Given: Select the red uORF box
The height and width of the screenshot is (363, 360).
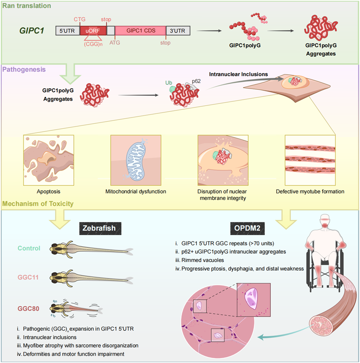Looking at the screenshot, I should (93, 30).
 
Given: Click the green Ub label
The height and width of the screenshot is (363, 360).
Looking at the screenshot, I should (168, 82).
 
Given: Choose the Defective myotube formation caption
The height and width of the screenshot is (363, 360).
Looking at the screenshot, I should (310, 191).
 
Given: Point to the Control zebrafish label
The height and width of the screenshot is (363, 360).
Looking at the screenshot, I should (29, 248).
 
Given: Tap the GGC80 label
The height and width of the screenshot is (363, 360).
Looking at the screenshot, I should (29, 308).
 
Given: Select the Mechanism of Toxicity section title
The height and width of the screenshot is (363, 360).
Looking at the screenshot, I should (39, 204).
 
